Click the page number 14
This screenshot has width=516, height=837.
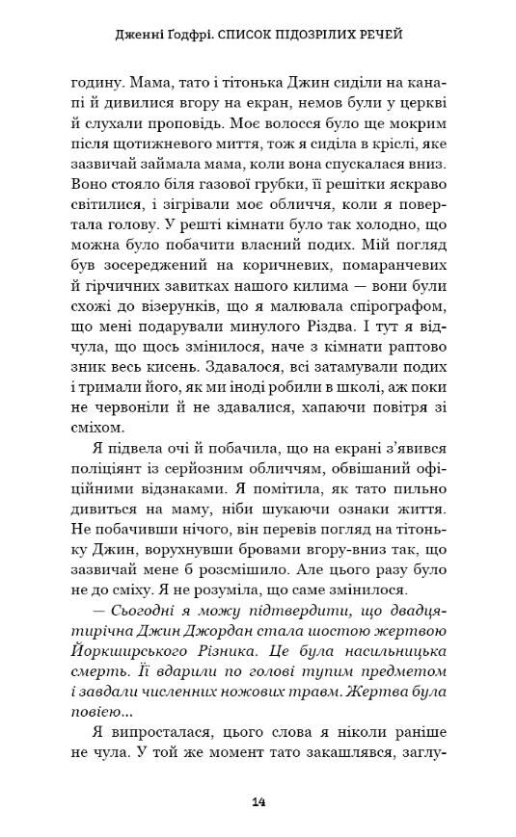pyautogui.click(x=258, y=800)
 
